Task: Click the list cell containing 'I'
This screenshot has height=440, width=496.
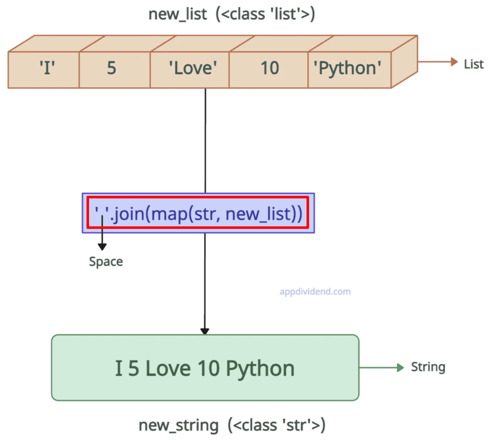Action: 46,68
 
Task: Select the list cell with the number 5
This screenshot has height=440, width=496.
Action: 111,68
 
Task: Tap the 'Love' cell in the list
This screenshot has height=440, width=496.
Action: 192,68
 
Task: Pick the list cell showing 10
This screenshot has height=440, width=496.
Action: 269,68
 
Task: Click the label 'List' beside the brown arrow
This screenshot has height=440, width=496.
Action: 473,64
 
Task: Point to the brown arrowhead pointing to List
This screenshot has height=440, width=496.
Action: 454,62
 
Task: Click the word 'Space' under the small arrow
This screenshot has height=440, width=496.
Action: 106,262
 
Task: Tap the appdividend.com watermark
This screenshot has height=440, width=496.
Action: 315,292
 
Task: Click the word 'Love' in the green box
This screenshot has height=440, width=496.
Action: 169,369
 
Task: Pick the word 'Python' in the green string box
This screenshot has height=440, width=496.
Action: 261,369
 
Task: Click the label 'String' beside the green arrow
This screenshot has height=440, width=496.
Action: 428,367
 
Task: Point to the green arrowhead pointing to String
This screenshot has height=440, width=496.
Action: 400,368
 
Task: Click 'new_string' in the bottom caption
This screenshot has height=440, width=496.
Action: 178,425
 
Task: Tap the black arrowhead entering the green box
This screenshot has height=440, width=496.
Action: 205,331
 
